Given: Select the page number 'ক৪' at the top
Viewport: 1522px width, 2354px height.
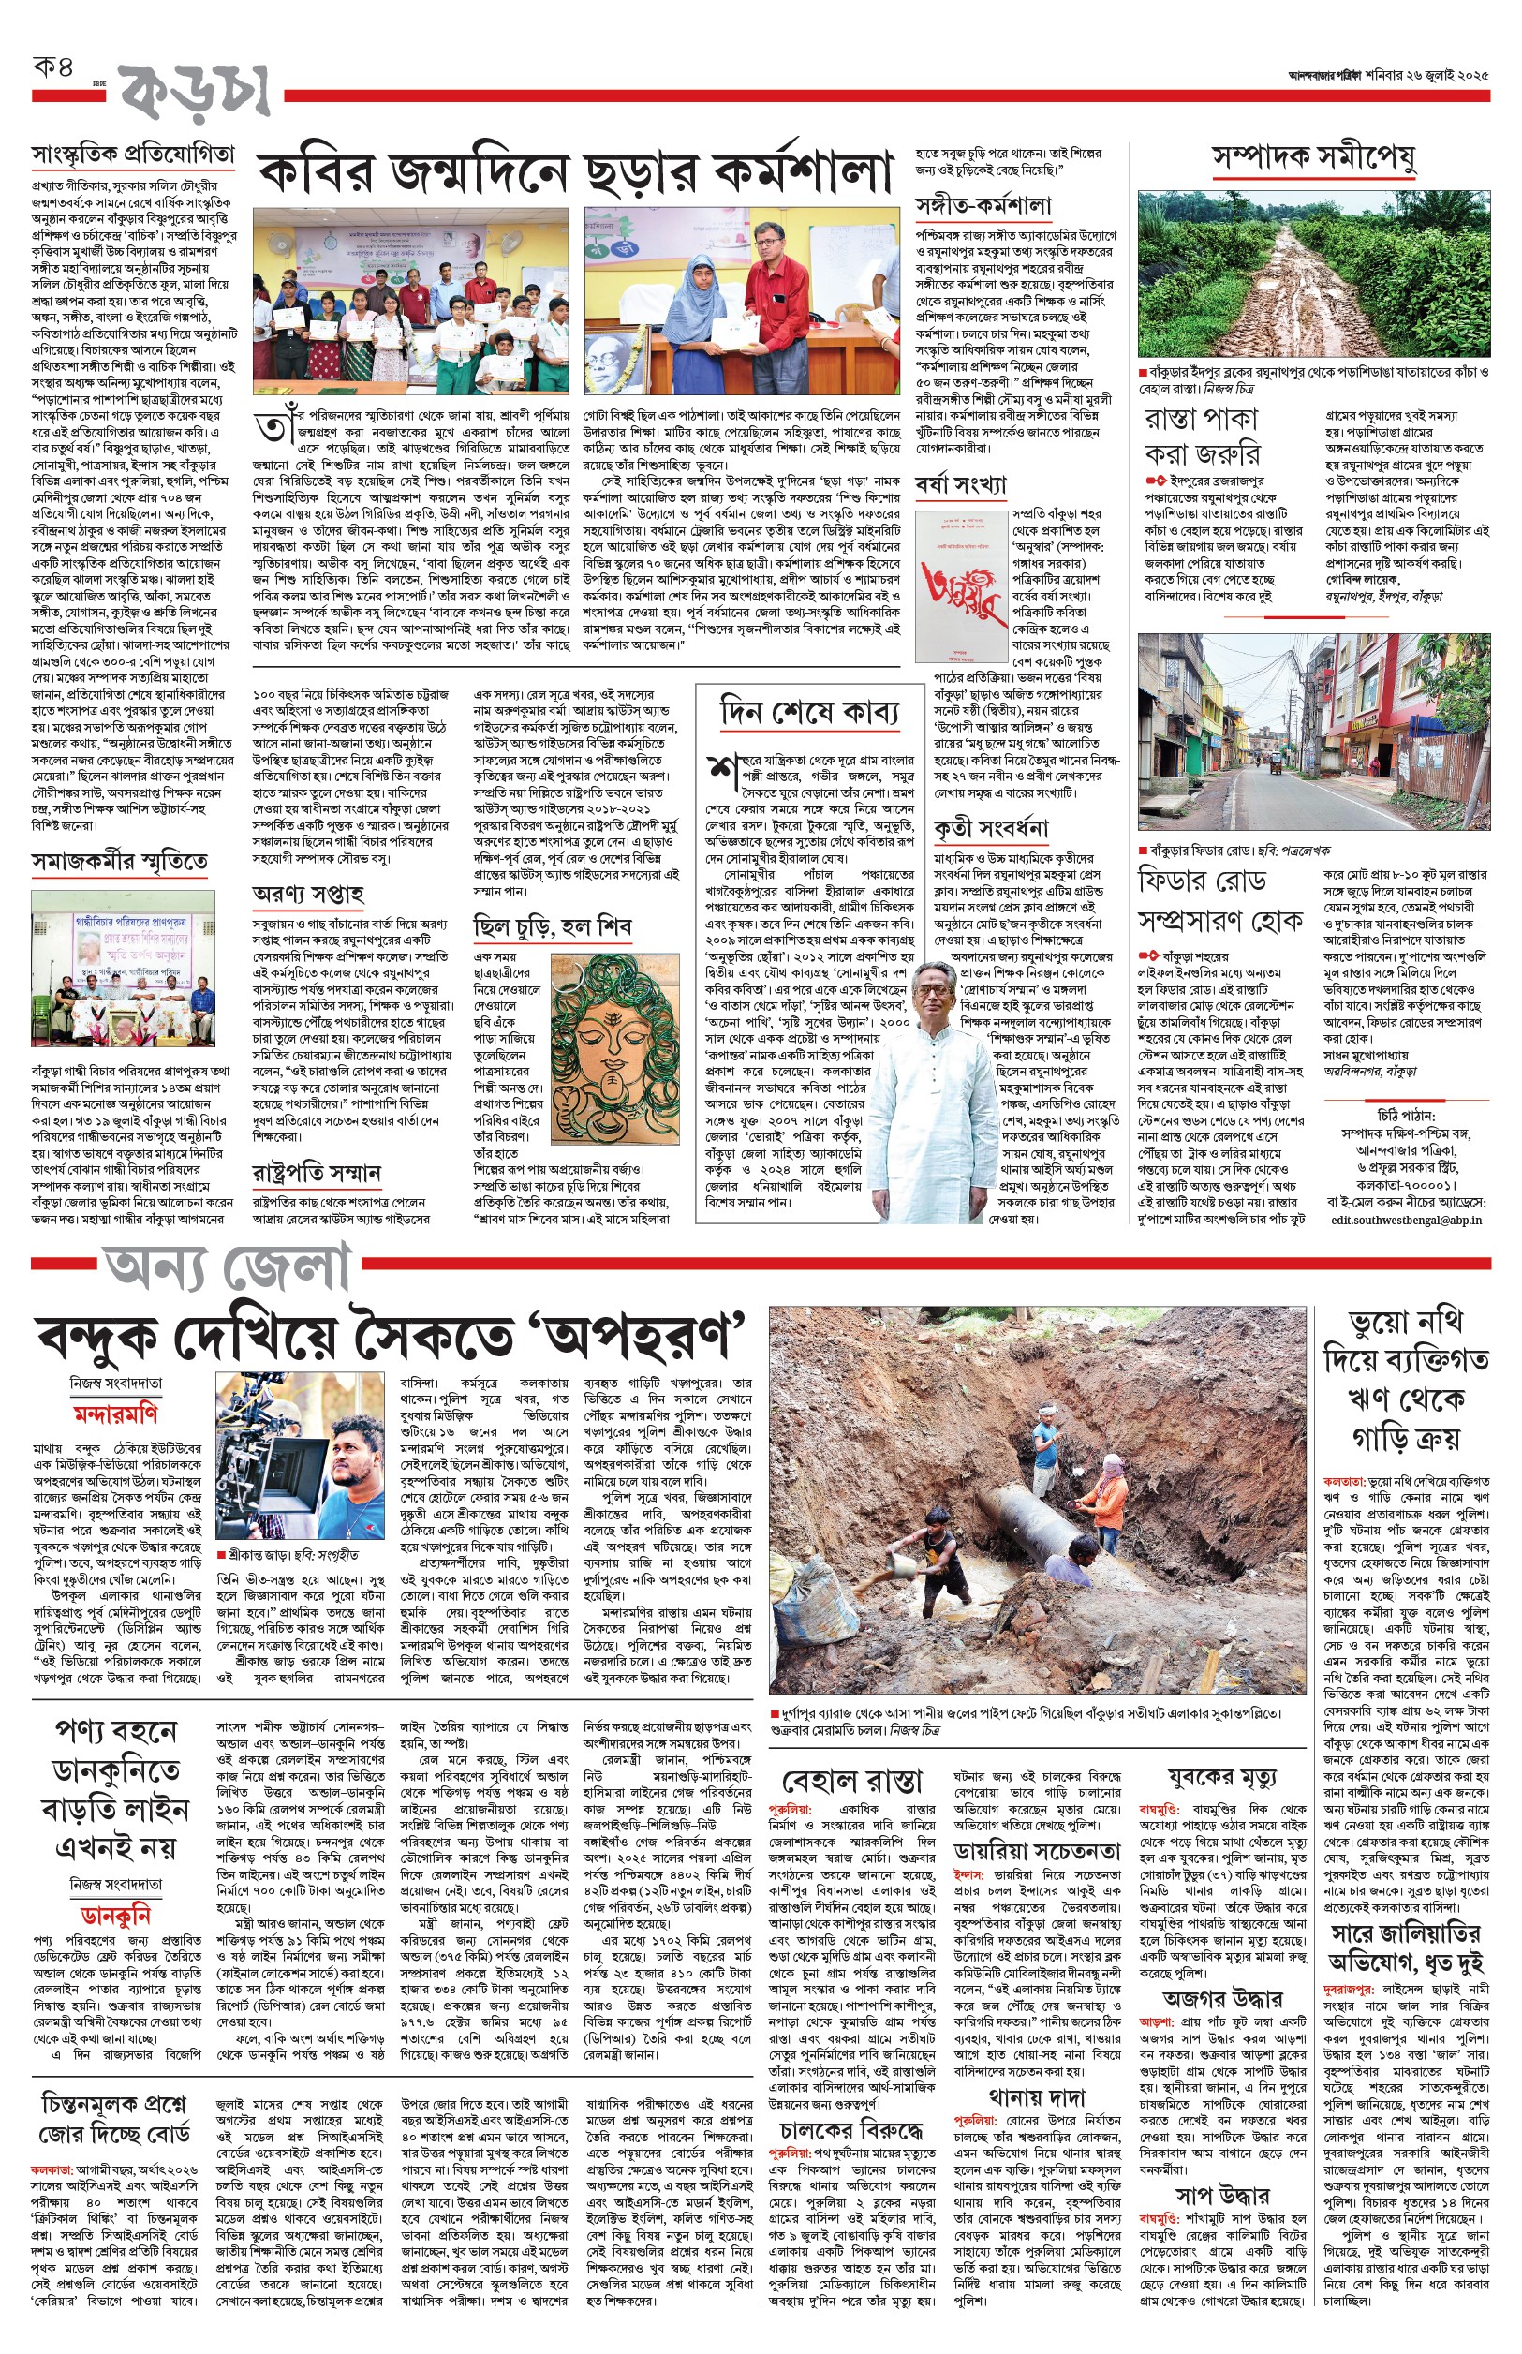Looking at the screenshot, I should tap(54, 69).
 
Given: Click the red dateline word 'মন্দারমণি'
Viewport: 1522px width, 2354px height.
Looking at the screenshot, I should tap(115, 1415).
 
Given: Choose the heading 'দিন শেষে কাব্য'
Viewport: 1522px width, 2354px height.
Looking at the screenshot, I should tap(810, 713).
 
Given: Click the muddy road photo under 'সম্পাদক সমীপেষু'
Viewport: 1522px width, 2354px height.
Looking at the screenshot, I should tap(1313, 274).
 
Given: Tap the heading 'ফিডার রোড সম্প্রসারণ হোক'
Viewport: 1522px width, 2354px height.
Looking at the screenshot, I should tap(1220, 900).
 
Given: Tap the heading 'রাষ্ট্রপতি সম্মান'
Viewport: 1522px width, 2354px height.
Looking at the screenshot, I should tap(317, 1173).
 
